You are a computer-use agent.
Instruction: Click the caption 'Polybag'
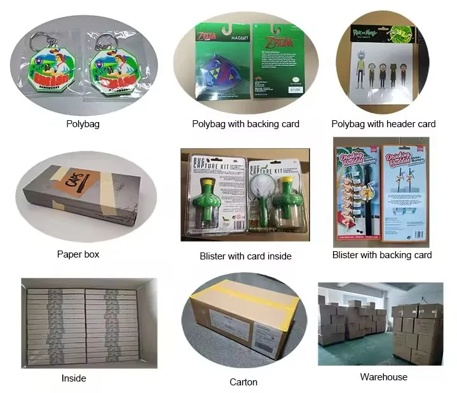(83, 124)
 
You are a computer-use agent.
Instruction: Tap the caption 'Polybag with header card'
(383, 124)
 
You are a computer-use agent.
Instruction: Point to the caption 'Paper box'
(78, 254)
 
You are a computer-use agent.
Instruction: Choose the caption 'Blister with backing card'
(382, 255)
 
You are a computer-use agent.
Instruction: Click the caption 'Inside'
(74, 378)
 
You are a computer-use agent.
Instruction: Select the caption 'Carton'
(243, 382)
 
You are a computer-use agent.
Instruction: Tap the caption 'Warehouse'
(383, 377)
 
